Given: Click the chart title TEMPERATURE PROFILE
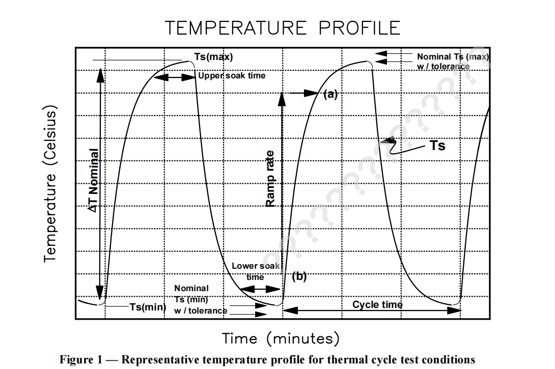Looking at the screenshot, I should (282, 27).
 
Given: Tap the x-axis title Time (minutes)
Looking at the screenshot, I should (280, 338).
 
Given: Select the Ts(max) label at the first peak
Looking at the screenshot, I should (213, 57).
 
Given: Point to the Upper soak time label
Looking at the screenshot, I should (232, 76).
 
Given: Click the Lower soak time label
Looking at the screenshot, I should (256, 271).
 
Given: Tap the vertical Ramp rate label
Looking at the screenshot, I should (270, 179).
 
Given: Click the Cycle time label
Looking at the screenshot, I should (377, 304).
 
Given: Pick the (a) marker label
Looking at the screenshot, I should (330, 94).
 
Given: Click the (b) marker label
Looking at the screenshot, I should (299, 277).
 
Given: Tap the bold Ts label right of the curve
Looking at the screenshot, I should (437, 146).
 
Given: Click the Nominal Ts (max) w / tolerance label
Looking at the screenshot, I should (453, 62).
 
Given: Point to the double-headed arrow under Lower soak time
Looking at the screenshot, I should (260, 289).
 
